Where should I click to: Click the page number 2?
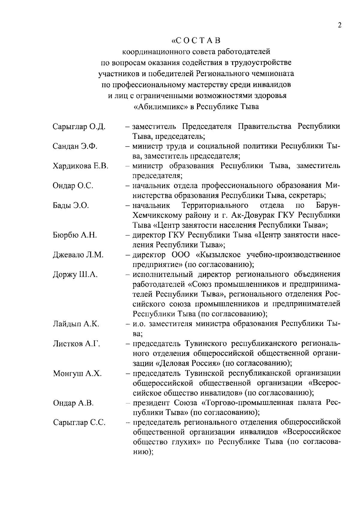point(340,25)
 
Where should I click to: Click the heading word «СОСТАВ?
point(196,40)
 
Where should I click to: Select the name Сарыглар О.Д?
point(79,127)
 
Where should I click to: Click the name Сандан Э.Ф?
point(75,146)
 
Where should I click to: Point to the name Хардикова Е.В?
point(80,166)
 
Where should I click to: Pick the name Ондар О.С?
point(73,186)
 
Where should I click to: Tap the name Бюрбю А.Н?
point(75,235)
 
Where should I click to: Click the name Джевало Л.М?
point(78,255)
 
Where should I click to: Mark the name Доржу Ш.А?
point(75,275)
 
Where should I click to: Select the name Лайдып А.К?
point(76,324)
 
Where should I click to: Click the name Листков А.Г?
point(76,344)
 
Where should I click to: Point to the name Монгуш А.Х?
point(77,373)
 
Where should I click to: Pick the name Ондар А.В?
point(73,403)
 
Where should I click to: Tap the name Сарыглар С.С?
point(79,423)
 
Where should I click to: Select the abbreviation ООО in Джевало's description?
point(181,255)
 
